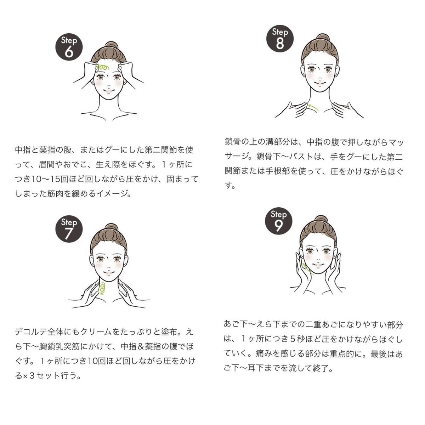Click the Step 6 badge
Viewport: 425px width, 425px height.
pos(69,47)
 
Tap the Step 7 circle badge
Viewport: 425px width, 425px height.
pos(69,229)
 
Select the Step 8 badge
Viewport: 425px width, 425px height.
pos(280,39)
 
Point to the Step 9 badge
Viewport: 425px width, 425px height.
pos(279,221)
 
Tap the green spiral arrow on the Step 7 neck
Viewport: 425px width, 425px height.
pos(102,288)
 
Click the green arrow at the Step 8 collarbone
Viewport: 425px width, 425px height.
pos(313,107)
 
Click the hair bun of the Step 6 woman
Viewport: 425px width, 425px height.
pos(111,46)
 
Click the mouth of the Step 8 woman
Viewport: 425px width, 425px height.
pos(320,83)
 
